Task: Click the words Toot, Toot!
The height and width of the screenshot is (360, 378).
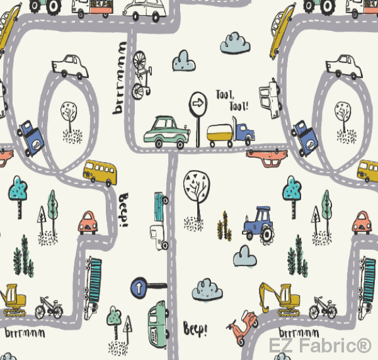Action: [231, 100]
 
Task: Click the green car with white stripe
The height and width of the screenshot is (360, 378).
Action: [166, 132]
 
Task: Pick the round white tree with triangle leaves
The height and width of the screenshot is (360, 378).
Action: [197, 185]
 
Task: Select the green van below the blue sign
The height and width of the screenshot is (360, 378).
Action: [158, 322]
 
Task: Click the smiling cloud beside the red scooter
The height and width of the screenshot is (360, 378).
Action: [207, 288]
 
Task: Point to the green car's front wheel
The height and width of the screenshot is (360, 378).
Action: [180, 142]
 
